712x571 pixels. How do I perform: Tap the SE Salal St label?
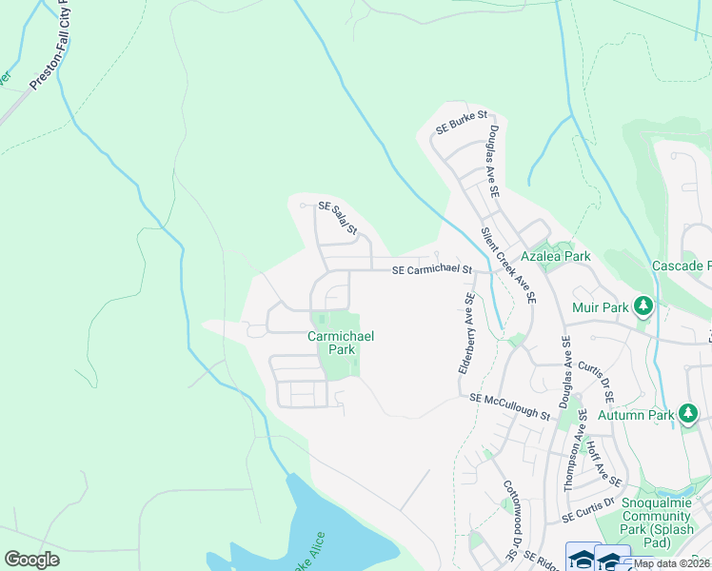pyautogui.click(x=337, y=217)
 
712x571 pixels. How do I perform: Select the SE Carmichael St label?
pyautogui.click(x=432, y=270)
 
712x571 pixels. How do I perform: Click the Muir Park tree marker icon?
pyautogui.click(x=644, y=305)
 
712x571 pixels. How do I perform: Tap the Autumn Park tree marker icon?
pyautogui.click(x=688, y=414)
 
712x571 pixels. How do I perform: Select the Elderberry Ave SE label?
pyautogui.click(x=467, y=332)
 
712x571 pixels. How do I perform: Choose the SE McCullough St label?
pyautogui.click(x=509, y=407)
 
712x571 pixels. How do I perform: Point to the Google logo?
pyautogui.click(x=31, y=560)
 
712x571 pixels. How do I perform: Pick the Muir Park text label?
pyautogui.click(x=603, y=307)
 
